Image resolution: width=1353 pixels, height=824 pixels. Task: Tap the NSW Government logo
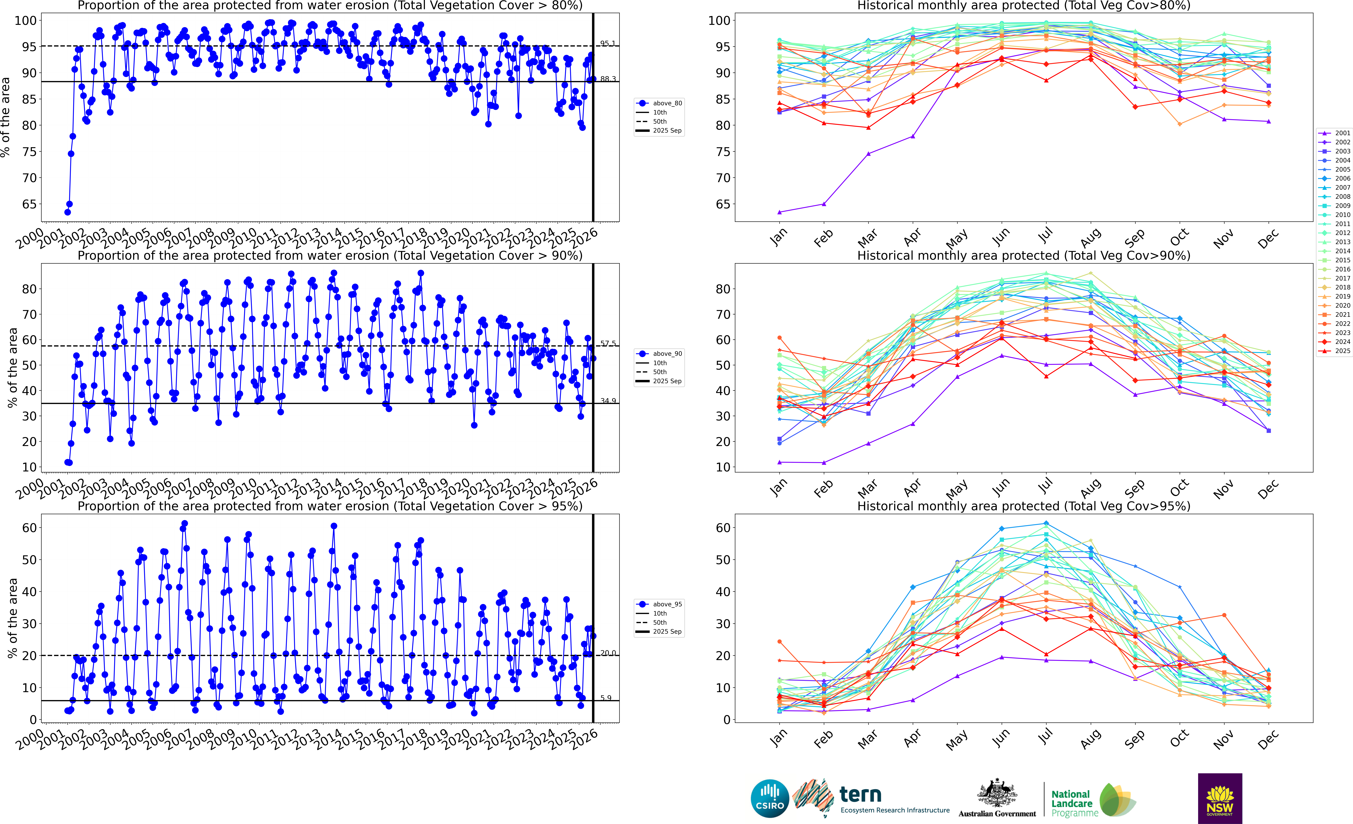pos(1220,798)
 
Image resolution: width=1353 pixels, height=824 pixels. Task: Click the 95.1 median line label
pos(607,43)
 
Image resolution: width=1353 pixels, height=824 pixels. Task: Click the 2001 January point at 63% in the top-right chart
pos(779,212)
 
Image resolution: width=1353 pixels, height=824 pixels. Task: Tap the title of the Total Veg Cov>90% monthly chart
pos(1024,256)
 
